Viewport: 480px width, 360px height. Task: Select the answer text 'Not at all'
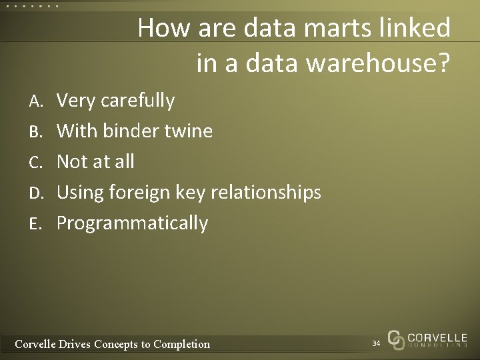[x=95, y=161]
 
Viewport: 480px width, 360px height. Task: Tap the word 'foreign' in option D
[x=149, y=193]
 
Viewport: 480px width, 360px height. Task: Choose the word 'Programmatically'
[x=132, y=223]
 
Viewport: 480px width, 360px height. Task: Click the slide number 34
[x=376, y=343]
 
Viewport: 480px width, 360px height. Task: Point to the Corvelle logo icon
[x=396, y=339]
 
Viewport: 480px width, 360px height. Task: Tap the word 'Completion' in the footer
[x=181, y=344]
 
